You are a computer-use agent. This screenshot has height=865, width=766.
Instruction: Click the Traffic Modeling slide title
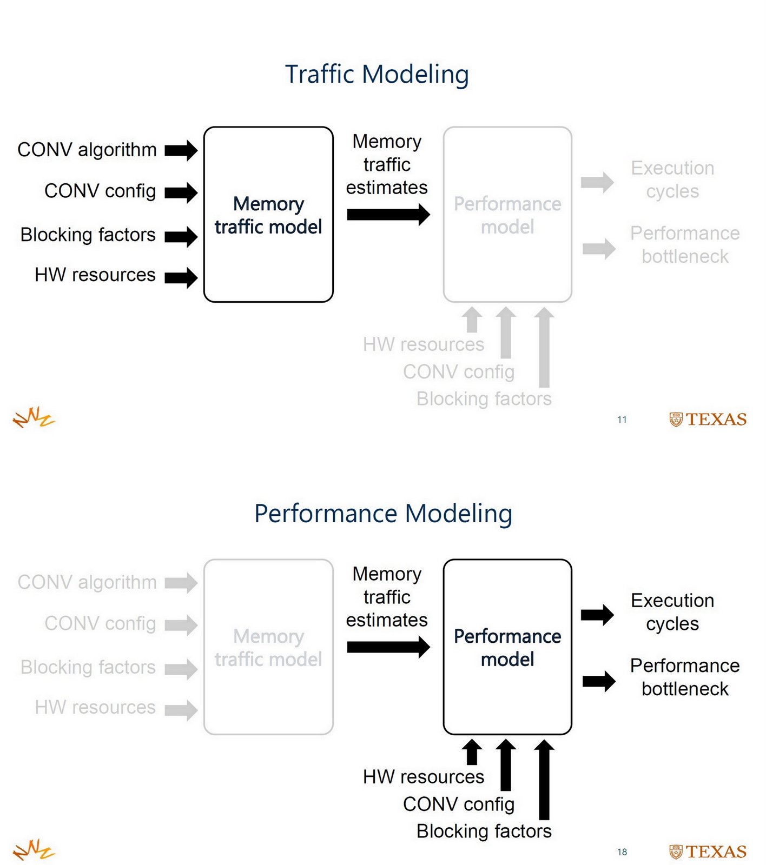(377, 75)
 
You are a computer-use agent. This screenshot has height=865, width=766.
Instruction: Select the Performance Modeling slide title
(383, 514)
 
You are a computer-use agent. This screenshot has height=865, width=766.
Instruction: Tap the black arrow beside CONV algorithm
(181, 150)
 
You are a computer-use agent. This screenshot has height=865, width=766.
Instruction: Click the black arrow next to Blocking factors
(181, 236)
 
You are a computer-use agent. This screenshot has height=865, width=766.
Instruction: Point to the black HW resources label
(95, 275)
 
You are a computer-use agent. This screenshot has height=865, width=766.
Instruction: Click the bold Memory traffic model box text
(268, 215)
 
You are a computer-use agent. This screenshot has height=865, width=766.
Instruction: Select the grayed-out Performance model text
(507, 215)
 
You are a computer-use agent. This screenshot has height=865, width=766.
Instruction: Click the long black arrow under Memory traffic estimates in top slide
(388, 215)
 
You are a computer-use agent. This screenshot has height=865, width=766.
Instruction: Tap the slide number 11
(622, 420)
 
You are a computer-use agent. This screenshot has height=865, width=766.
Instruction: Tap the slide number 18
(622, 852)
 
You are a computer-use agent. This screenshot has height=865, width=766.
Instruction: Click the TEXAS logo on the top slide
(708, 420)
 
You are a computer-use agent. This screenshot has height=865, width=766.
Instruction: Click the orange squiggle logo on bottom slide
(34, 850)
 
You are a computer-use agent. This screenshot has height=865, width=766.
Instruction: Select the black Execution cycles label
(672, 612)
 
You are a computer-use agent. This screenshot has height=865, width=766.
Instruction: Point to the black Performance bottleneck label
(685, 677)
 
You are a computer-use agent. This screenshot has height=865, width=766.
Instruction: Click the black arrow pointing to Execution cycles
(597, 615)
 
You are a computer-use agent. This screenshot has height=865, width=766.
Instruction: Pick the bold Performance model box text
(507, 648)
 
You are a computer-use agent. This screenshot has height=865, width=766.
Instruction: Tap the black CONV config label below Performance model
(458, 804)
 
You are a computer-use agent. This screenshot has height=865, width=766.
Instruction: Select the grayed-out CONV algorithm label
(87, 582)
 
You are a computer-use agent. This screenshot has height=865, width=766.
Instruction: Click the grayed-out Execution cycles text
(672, 179)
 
